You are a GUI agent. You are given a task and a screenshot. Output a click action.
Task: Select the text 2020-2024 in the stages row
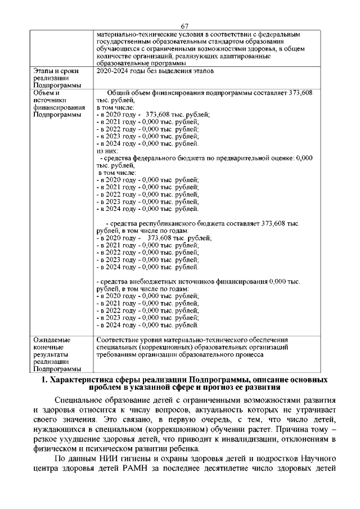click(x=110, y=71)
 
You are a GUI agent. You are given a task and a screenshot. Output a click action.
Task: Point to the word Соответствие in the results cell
click(x=119, y=340)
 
